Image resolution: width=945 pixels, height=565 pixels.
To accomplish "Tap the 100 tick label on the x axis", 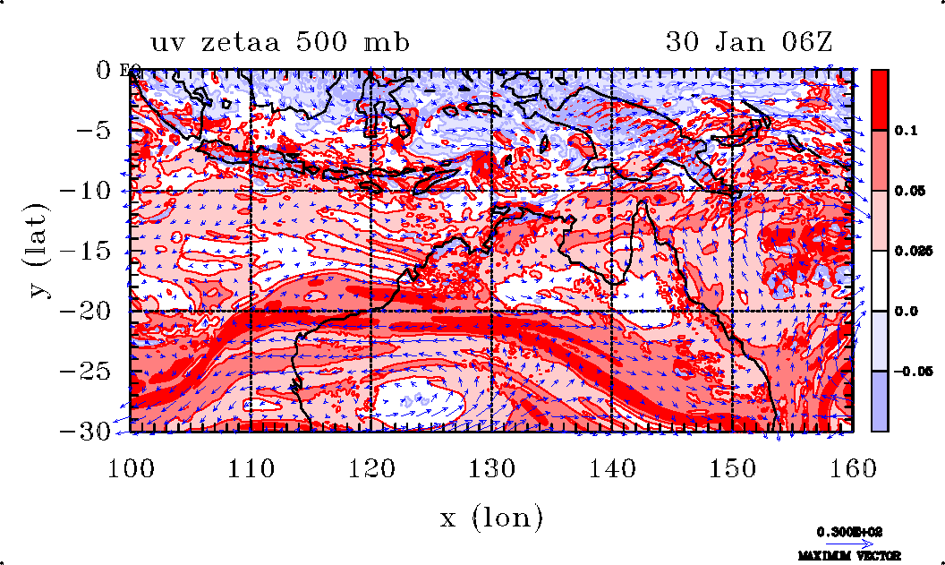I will (x=131, y=467).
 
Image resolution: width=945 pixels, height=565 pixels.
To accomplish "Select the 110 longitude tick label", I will (x=251, y=467).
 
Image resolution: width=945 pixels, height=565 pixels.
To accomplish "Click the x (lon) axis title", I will (x=491, y=518).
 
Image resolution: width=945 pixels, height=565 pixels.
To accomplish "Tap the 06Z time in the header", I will (x=805, y=42).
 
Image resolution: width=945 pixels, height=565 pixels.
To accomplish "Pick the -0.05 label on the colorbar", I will (x=910, y=370).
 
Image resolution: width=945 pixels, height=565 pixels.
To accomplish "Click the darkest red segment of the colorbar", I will (x=880, y=99).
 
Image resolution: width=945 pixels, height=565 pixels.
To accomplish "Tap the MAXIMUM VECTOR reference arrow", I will (x=845, y=544).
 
